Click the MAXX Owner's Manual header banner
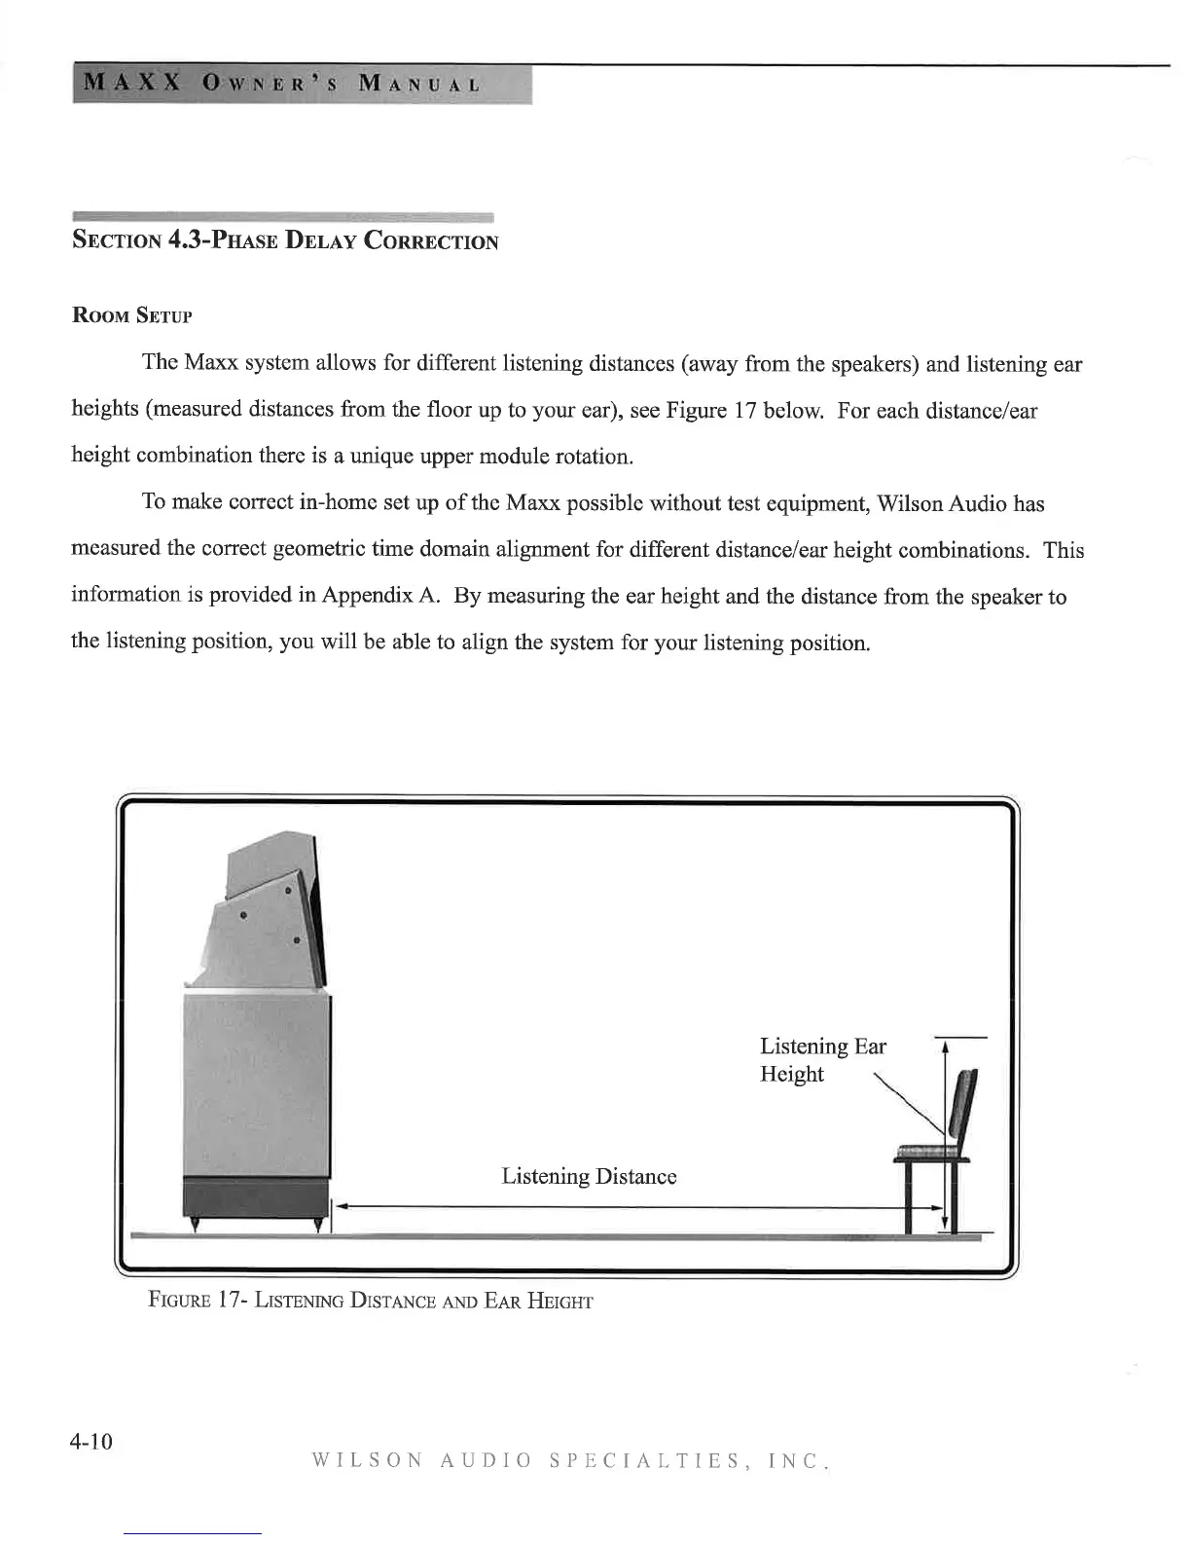[x=302, y=84]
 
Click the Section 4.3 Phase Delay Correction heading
[x=285, y=240]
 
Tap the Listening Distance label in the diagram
[x=589, y=1176]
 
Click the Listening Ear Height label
[x=822, y=1060]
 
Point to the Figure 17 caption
[x=370, y=1301]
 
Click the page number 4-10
[x=91, y=1441]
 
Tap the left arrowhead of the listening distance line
[x=343, y=1208]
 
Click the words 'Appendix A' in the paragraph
[x=385, y=596]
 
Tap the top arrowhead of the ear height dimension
[x=946, y=1046]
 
